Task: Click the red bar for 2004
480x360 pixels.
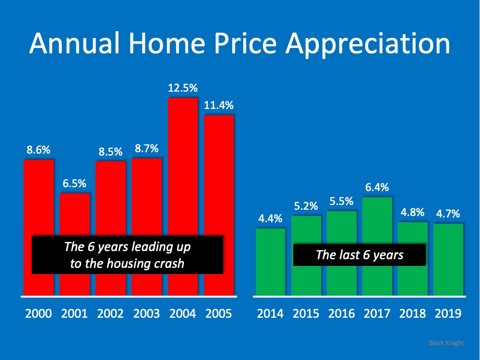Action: pos(182,192)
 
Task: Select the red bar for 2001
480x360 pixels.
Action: pos(74,216)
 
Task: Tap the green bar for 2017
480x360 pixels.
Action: pos(377,221)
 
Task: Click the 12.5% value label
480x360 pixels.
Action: pos(182,88)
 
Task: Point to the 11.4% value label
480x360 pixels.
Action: pos(218,105)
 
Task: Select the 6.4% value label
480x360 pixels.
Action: pos(377,187)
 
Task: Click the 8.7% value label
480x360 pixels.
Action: pos(146,148)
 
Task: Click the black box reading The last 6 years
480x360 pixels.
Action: pos(360,255)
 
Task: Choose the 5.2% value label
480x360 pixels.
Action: pos(306,206)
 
